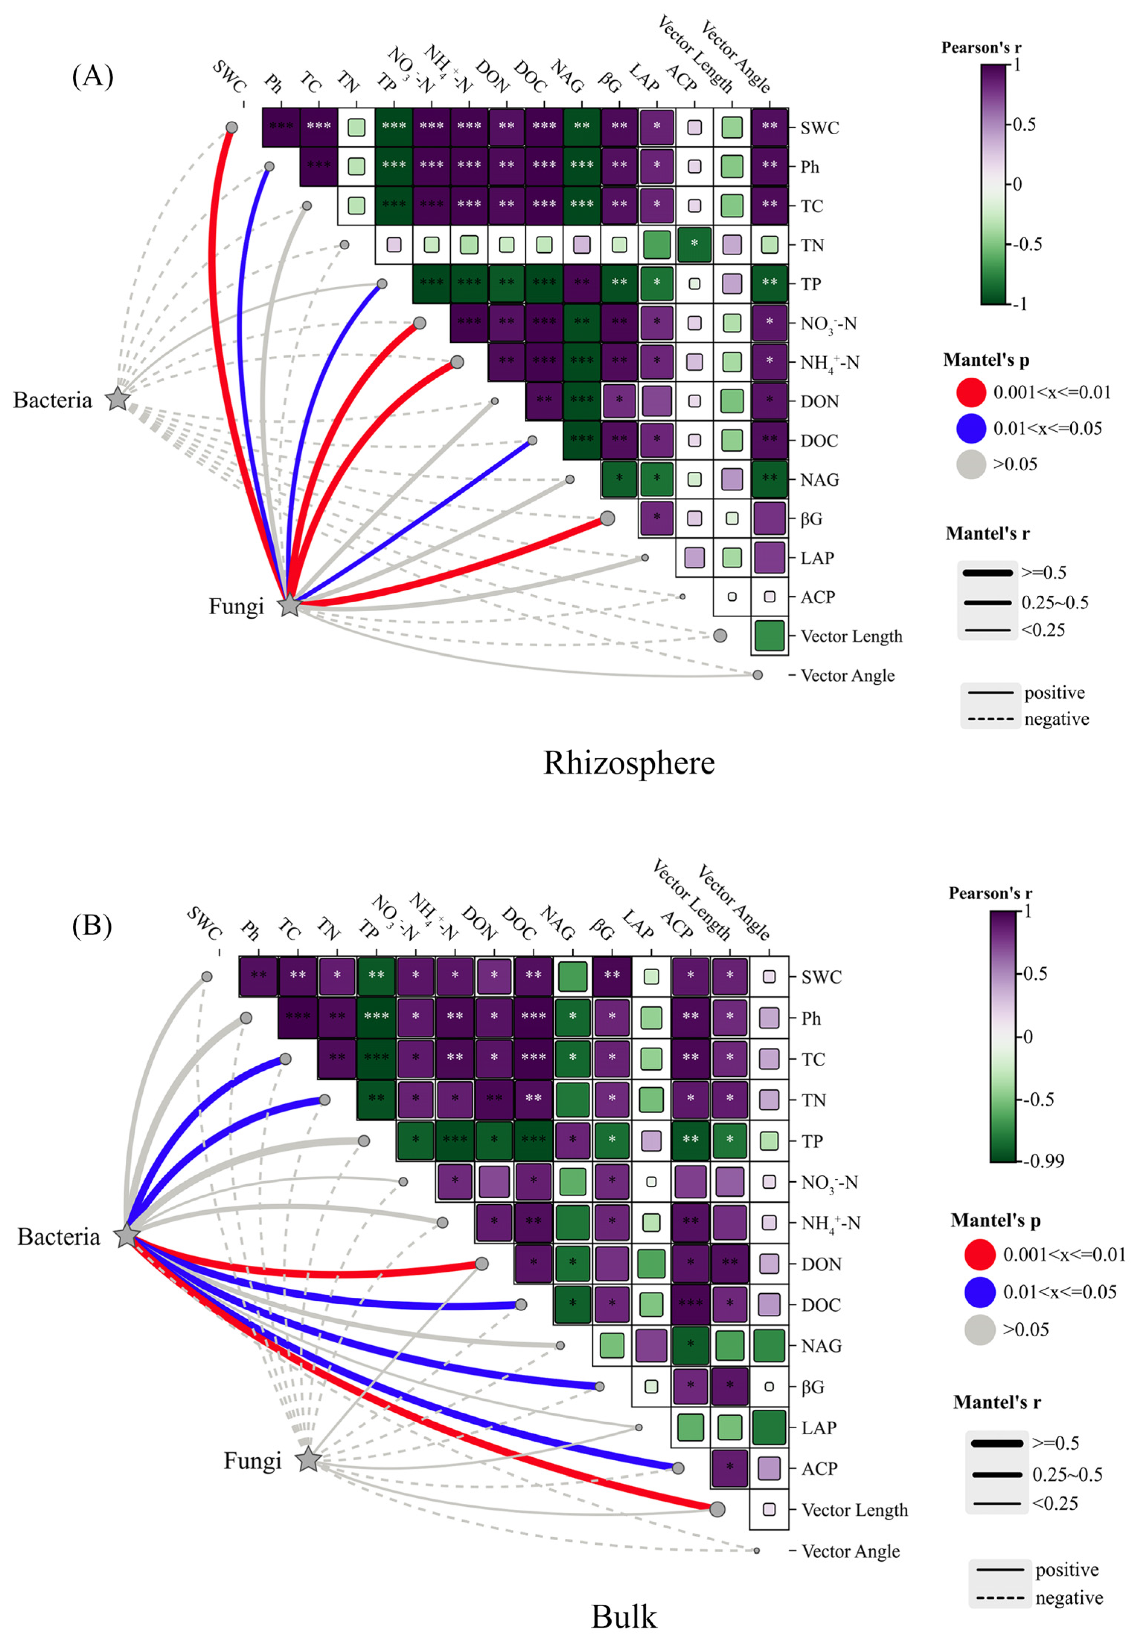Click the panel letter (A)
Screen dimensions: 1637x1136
click(x=93, y=75)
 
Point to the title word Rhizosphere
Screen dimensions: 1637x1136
click(x=629, y=763)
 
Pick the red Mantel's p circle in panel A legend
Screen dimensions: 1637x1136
click(x=971, y=392)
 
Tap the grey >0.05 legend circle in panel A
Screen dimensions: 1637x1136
click(x=971, y=464)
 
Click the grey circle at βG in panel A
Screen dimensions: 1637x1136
click(x=607, y=518)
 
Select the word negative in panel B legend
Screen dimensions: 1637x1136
click(x=1069, y=1597)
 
